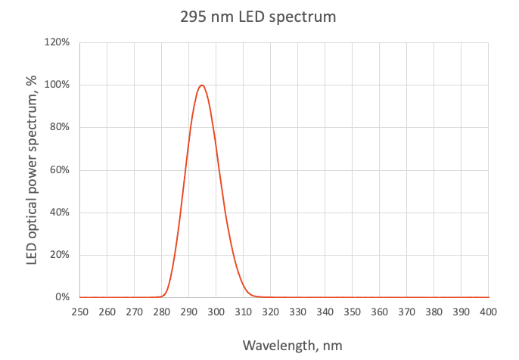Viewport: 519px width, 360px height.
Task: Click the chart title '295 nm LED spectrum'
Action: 258,17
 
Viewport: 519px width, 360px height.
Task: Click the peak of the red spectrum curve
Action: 202,85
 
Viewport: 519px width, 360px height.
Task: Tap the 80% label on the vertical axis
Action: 59,127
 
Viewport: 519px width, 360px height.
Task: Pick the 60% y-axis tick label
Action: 59,170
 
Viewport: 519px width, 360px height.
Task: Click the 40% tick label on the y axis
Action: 59,213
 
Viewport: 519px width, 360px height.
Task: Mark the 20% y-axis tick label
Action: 59,255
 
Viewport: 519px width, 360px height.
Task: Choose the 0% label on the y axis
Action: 62,297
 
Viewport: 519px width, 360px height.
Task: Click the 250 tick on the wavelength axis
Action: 79,312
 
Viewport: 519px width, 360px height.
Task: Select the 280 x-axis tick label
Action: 161,312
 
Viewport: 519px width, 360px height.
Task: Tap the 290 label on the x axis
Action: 188,312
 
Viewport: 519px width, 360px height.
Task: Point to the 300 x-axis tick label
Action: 216,312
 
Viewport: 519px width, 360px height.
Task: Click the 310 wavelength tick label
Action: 243,312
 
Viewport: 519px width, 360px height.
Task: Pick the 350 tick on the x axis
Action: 352,312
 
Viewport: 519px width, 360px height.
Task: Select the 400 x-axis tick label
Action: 488,312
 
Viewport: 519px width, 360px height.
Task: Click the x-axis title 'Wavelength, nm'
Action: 292,345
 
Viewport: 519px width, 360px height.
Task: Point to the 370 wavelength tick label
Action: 406,312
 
